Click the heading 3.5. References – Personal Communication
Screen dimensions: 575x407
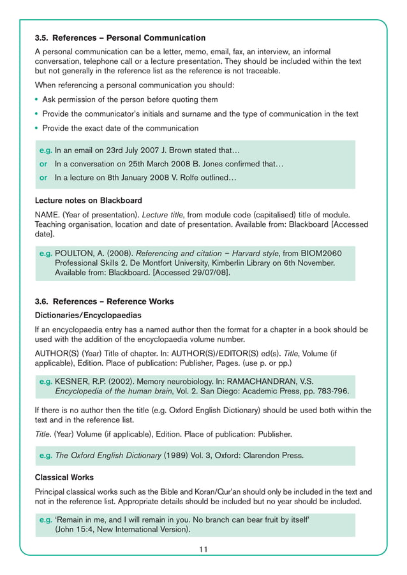120,38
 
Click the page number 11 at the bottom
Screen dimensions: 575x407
203,550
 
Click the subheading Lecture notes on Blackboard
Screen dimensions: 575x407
88,200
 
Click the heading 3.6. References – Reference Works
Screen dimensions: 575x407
104,302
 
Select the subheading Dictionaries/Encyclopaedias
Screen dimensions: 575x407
88,315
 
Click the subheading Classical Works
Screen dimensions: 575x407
64,477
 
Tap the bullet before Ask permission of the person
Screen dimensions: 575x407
37,99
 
